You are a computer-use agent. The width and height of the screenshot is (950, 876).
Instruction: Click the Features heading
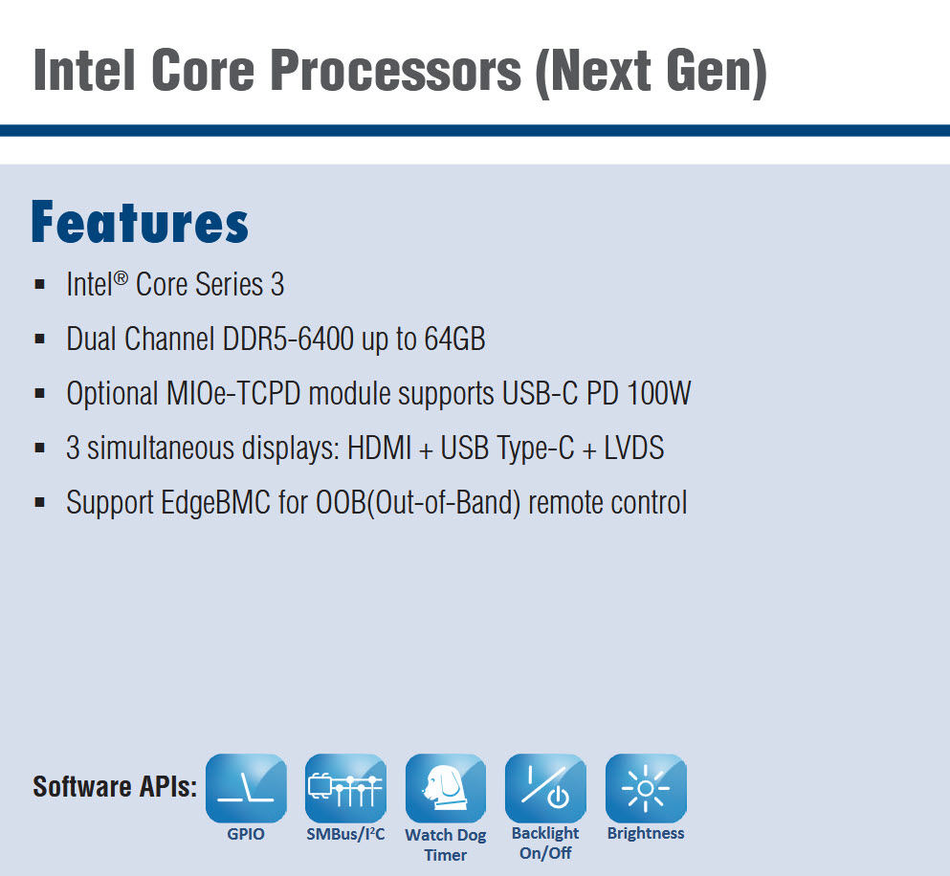point(140,222)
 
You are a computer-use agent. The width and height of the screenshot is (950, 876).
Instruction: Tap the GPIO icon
point(246,788)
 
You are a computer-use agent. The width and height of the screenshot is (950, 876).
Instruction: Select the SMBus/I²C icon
point(345,788)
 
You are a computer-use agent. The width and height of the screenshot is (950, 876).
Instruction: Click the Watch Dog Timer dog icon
point(445,788)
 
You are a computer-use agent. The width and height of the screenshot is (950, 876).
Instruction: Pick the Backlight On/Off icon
point(545,788)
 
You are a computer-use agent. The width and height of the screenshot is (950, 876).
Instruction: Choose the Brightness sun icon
point(646,788)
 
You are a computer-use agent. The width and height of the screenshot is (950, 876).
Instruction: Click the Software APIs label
point(115,786)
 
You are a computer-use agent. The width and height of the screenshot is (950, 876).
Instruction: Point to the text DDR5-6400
point(288,339)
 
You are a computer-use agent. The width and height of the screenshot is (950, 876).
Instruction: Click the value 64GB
point(454,339)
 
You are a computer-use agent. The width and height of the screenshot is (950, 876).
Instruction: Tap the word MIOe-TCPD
point(233,393)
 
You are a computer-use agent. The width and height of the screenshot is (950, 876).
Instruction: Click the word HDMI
point(379,448)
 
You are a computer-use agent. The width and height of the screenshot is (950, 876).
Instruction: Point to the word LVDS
point(633,448)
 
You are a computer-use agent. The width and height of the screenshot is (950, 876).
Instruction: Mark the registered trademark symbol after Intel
point(121,278)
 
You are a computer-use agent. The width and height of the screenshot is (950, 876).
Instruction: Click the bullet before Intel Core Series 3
point(40,284)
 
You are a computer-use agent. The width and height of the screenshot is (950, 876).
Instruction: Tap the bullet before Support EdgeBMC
point(40,502)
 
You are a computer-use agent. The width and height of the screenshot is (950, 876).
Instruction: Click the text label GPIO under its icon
point(246,834)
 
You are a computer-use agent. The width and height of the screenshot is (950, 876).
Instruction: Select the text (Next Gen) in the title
point(652,72)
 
